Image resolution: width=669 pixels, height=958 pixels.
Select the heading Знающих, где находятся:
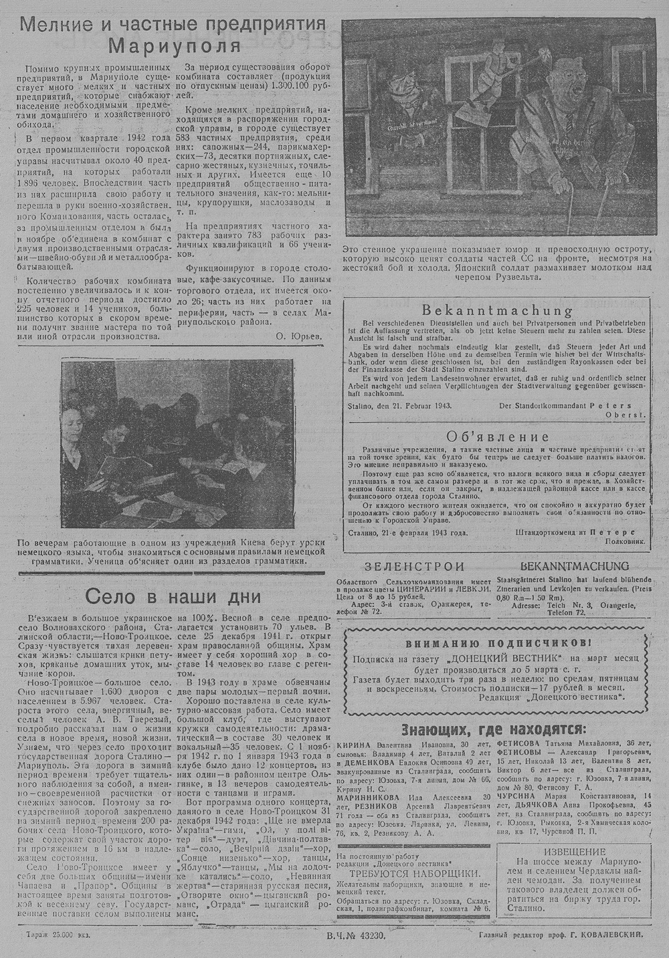[494, 729]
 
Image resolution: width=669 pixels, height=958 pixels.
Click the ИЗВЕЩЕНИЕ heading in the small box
[575, 852]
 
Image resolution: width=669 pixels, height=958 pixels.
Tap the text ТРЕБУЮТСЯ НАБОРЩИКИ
[409, 873]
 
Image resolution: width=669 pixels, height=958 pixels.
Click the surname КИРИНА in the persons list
[354, 744]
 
